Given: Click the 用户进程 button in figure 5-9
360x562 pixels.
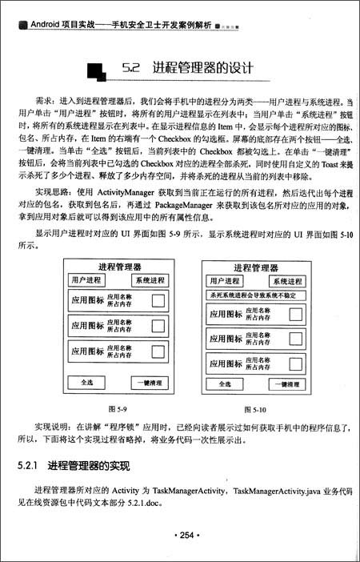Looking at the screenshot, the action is pos(86,280).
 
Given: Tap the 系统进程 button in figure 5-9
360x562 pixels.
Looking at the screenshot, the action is pos(150,280).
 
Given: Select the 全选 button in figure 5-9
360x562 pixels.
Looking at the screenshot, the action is pos(87,383).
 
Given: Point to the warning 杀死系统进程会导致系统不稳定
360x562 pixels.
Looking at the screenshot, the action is pos(254,295).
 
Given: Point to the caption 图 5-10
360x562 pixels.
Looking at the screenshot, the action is pos(254,409).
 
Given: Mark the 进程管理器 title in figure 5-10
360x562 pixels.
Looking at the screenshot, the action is pos(255,268).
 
